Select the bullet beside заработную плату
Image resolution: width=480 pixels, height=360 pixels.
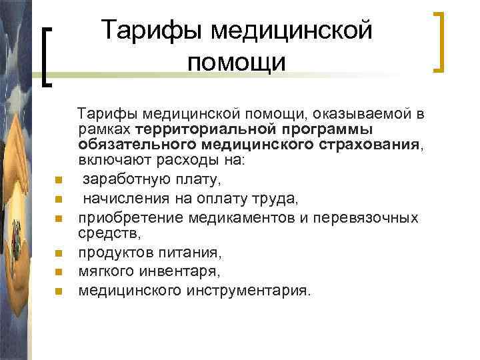coord(59,179)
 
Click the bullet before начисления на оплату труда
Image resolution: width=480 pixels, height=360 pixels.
coord(59,198)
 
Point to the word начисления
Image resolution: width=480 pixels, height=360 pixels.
coord(121,198)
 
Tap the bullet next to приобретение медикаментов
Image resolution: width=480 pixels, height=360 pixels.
coord(59,218)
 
